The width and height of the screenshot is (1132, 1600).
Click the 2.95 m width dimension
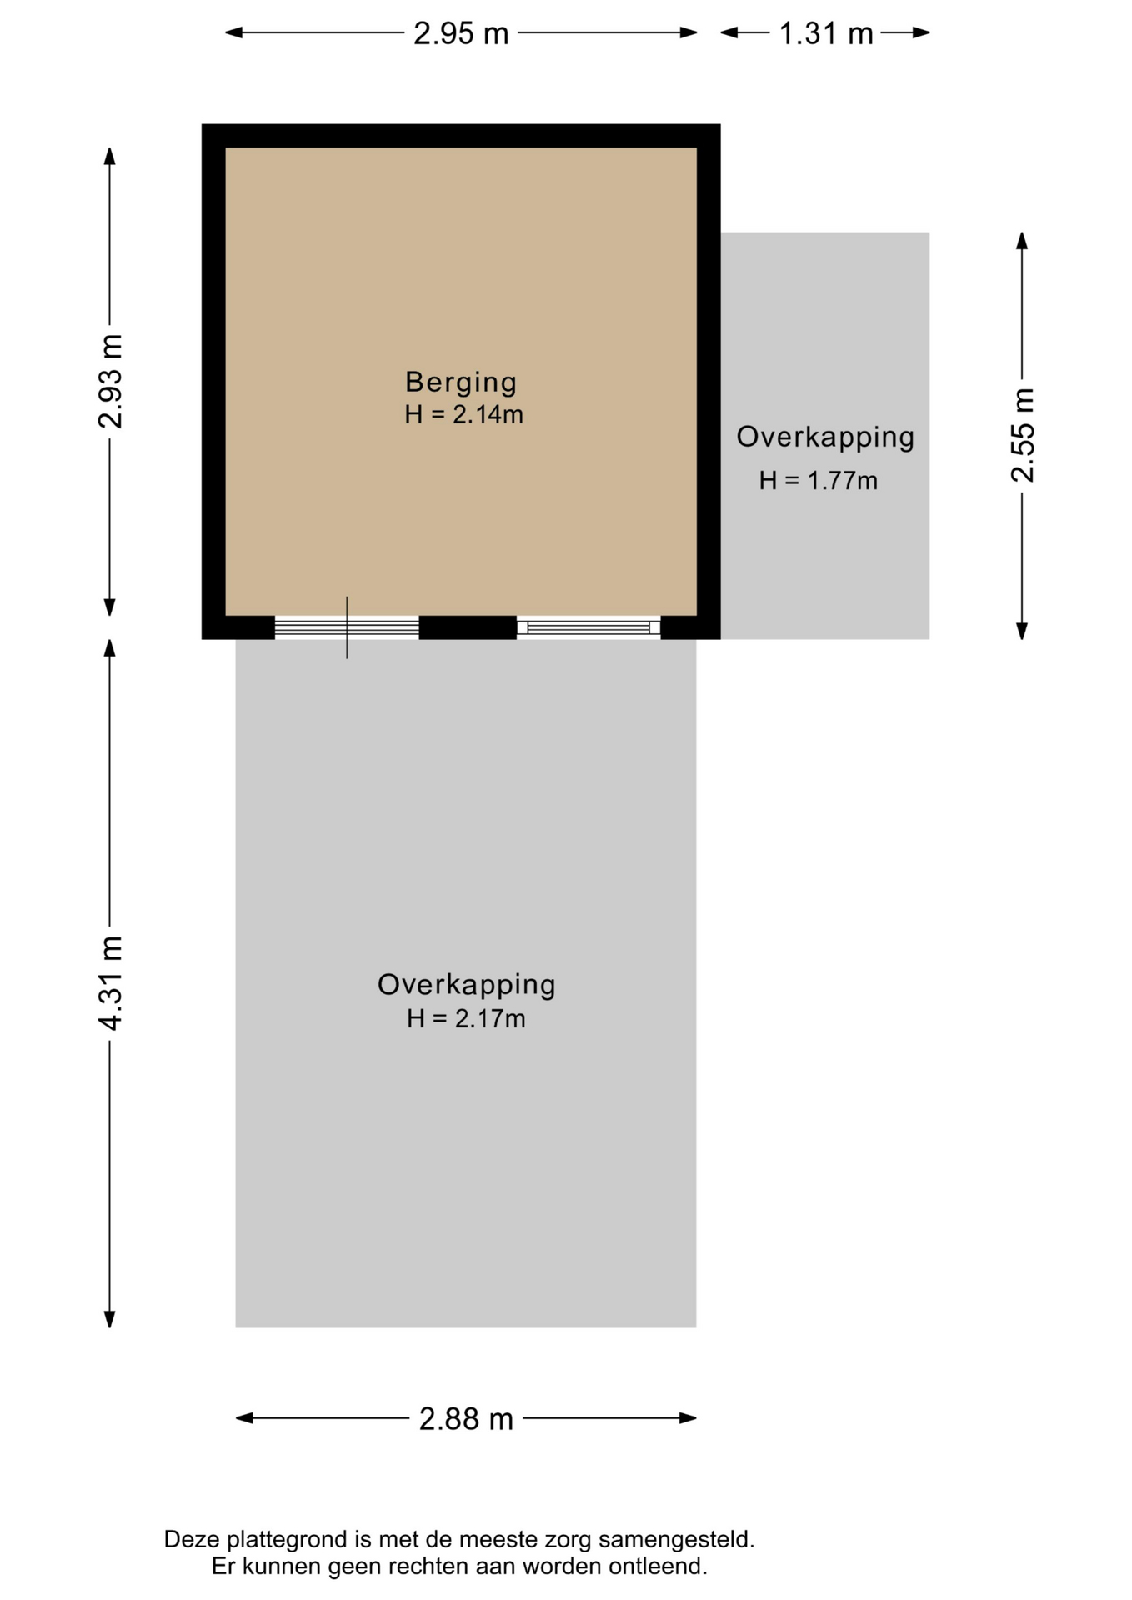(461, 33)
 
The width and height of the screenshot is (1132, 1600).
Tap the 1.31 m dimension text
(825, 33)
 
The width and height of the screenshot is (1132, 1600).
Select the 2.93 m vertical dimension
(109, 382)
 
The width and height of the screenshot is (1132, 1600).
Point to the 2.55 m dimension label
(1022, 435)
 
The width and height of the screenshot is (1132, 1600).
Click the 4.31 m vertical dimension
(109, 983)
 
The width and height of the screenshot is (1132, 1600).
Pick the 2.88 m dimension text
(466, 1418)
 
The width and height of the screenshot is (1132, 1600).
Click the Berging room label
(461, 382)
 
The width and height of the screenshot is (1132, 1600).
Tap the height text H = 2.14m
(463, 414)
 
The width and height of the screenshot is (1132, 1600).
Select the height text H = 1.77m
(818, 480)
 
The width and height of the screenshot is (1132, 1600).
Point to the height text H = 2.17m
(466, 1018)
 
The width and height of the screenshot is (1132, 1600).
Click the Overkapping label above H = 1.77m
(825, 437)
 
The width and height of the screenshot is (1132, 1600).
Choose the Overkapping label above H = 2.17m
(466, 985)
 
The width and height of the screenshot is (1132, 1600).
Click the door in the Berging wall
(347, 627)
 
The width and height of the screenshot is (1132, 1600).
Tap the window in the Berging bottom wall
(589, 627)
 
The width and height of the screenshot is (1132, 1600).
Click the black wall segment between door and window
(468, 627)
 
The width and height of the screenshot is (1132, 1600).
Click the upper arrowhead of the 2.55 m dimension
(1022, 241)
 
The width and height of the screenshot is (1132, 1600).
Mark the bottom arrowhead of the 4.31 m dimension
(109, 1319)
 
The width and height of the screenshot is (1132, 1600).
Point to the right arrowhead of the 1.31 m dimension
(921, 33)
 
